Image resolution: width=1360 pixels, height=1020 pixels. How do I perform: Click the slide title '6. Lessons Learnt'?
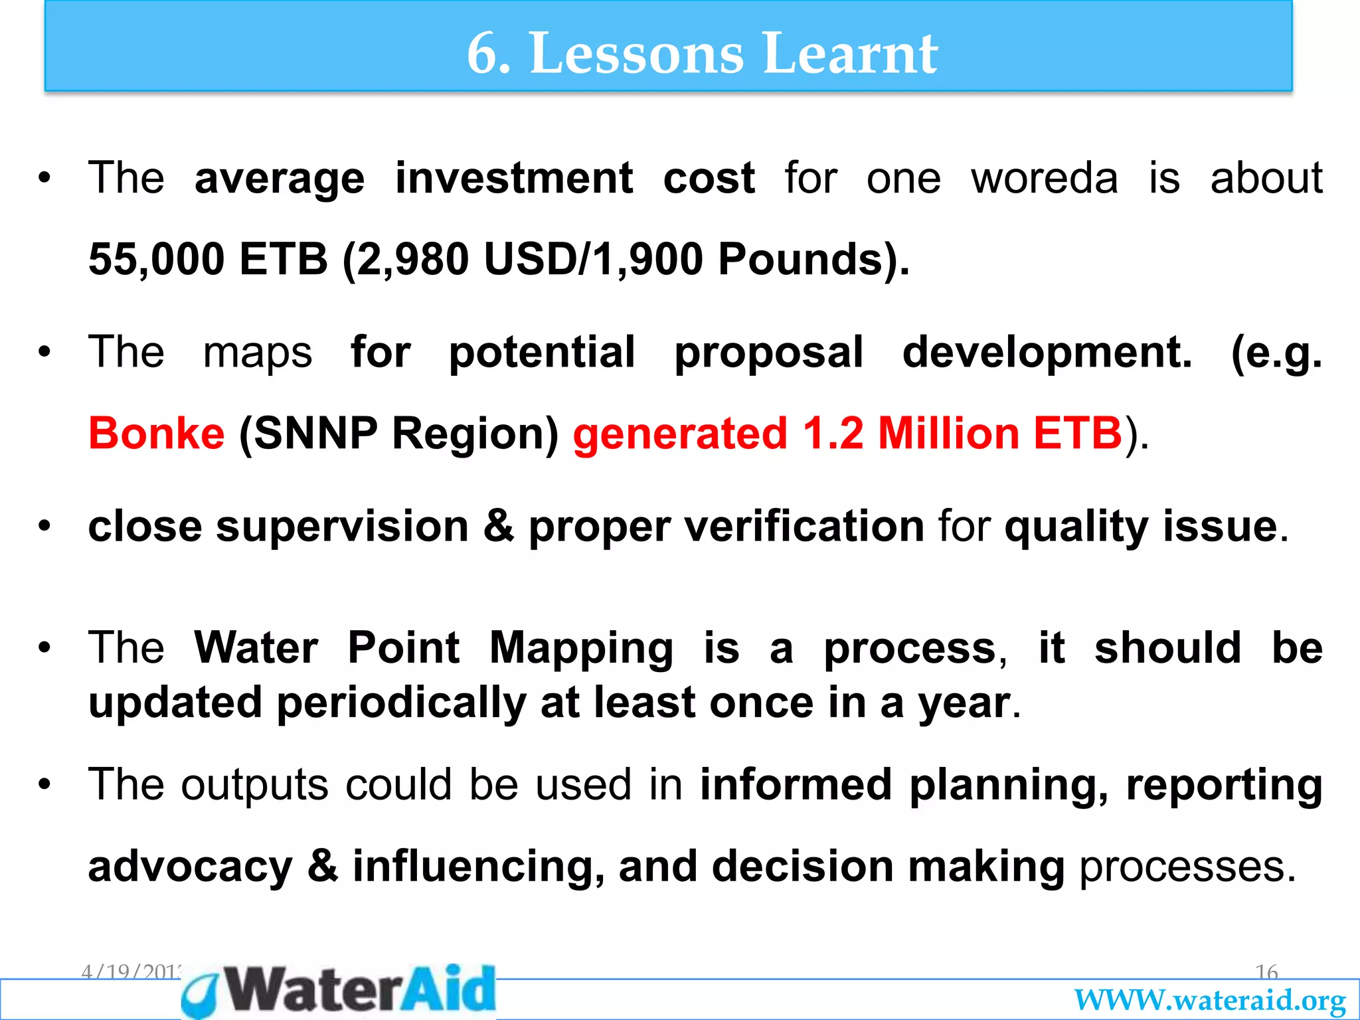(702, 53)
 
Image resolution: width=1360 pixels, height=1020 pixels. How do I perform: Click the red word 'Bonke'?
(157, 434)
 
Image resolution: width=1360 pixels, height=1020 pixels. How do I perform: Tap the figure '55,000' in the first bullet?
(157, 259)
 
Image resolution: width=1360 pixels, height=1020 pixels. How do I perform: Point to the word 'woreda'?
(1045, 178)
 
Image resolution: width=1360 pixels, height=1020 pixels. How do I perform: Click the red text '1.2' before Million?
(833, 434)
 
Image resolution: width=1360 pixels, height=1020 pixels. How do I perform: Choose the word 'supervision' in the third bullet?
(342, 527)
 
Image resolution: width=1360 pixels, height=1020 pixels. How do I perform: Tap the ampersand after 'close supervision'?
(498, 527)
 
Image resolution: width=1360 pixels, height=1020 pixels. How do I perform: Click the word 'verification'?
(804, 527)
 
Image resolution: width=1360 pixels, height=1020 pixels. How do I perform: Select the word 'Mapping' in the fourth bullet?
(581, 647)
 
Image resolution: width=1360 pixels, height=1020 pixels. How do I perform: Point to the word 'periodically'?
(401, 703)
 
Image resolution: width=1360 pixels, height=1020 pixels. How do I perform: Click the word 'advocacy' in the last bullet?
(190, 867)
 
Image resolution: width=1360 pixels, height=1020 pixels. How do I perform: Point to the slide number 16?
(1266, 973)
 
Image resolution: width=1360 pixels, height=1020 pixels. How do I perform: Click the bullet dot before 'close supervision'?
(44, 527)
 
